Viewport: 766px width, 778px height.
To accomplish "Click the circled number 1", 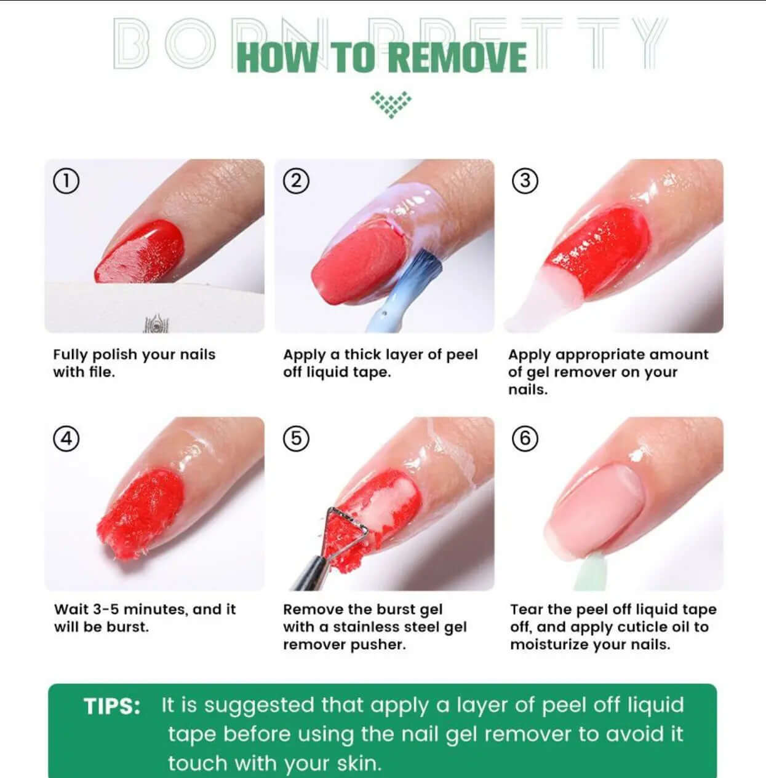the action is coord(66,181).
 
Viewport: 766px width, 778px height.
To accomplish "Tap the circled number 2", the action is coord(297,181).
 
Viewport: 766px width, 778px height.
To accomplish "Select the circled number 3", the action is coord(525,181).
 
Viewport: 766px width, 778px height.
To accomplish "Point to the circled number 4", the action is coord(66,439).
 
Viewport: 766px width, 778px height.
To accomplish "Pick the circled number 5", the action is coord(297,439).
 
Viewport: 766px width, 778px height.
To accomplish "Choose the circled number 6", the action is coord(525,439).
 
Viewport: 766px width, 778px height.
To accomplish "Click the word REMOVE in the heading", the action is coord(459,58).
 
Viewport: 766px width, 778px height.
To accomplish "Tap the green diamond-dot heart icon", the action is coord(391,104).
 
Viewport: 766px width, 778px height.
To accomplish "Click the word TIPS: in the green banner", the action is coord(112,707).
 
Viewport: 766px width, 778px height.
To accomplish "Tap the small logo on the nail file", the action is coord(156,324).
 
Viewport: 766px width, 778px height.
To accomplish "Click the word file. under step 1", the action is coord(102,372).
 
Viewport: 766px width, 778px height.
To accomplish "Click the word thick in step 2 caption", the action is coord(362,355).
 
